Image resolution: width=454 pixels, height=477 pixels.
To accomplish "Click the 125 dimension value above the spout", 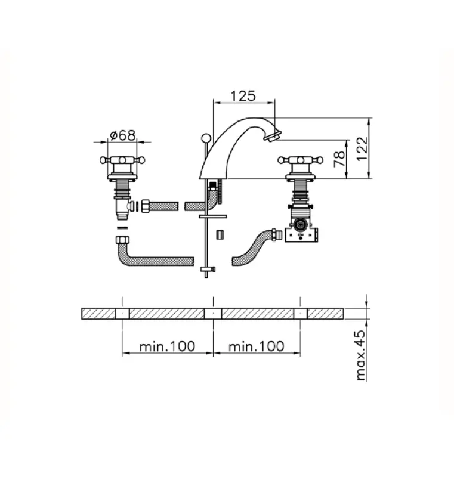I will point(244,95).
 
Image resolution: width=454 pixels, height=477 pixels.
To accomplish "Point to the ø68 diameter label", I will point(122,135).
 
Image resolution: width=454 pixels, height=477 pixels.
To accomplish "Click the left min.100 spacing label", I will point(167,346).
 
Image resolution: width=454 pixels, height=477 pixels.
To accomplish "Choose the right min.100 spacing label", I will point(257,346).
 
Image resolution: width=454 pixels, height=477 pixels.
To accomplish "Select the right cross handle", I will point(300,160).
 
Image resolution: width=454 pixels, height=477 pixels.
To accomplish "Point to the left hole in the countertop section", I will point(122,314).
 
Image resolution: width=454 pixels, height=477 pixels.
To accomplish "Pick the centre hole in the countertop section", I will point(213,314).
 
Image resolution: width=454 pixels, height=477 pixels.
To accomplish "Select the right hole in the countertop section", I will point(300,314).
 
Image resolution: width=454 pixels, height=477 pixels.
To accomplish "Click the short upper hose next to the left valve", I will point(163,206).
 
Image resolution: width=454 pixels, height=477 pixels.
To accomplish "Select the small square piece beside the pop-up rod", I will point(219,235).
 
